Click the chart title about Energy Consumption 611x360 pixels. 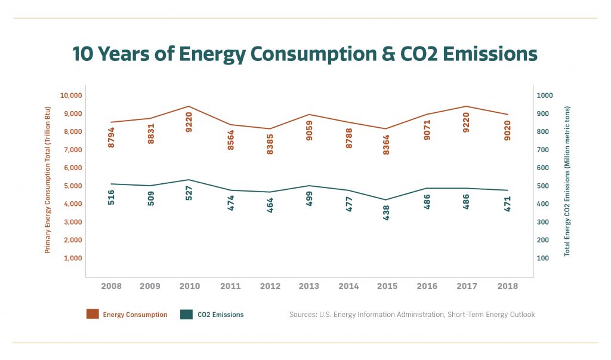305,54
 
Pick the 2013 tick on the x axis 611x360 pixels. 309,286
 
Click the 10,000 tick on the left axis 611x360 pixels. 71,96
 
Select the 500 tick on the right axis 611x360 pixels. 546,186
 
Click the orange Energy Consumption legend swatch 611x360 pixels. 92,314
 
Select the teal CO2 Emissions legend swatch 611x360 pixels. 187,314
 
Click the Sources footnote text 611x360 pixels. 412,314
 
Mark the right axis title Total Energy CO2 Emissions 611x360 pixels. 567,180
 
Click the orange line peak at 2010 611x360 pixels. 189,106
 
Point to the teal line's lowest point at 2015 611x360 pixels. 386,199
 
